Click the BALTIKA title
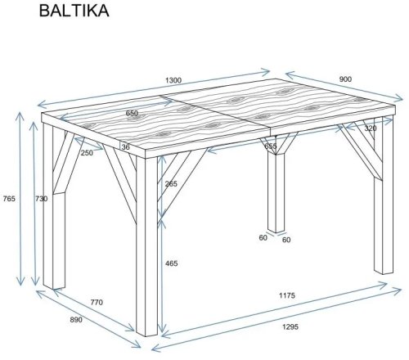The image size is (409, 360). [74, 11]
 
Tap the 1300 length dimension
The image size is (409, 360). [173, 80]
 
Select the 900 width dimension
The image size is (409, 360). [345, 79]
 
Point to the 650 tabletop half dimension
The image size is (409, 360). [132, 113]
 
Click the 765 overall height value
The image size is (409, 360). [9, 199]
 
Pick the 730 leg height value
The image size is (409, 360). [42, 199]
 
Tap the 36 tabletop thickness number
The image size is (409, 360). [126, 147]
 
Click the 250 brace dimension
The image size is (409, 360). [87, 153]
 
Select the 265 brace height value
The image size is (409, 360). [171, 184]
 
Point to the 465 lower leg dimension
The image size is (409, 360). [171, 263]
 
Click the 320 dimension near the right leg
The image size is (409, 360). [371, 128]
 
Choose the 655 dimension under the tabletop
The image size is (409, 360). [271, 146]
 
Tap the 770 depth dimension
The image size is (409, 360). [97, 302]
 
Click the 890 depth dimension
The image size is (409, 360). [76, 320]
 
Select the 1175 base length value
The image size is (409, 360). [287, 295]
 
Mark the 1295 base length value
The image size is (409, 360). [290, 326]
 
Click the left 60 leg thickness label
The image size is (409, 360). [263, 238]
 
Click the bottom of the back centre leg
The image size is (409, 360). [276, 231]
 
